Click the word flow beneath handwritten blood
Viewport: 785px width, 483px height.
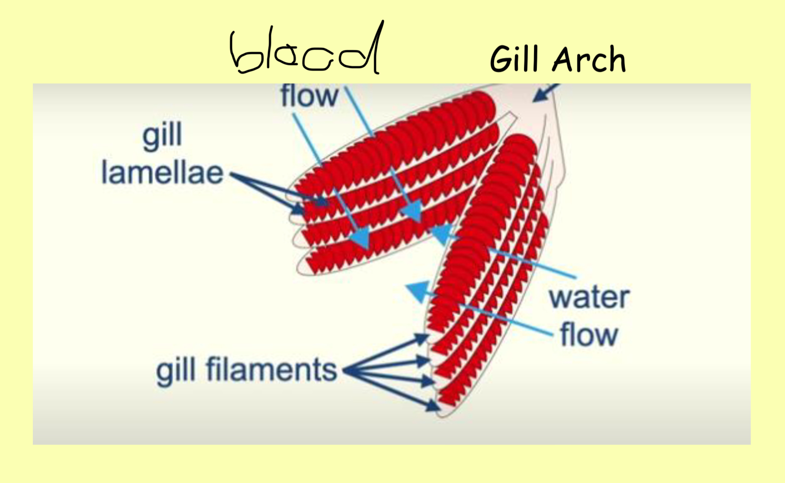(310, 96)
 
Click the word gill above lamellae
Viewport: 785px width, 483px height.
(162, 136)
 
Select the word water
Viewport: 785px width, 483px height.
(589, 297)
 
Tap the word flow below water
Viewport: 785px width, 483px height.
(589, 335)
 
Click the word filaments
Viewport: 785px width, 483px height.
(272, 369)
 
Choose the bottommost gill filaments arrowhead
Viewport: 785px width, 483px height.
(433, 406)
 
